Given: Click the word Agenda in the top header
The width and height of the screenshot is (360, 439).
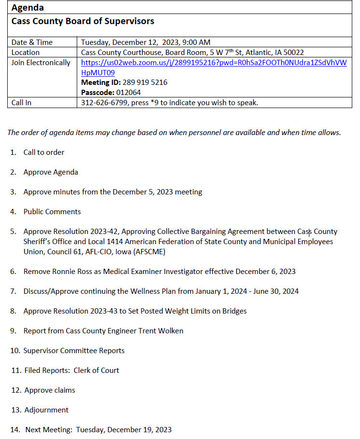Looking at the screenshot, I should [28, 8].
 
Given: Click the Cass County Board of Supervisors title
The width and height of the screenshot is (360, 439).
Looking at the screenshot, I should [83, 21].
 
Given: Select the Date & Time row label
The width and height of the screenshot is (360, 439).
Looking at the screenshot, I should [32, 42].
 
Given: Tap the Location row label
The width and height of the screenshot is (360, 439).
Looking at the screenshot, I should [26, 53].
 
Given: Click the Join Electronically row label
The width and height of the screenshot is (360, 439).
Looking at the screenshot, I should [41, 63].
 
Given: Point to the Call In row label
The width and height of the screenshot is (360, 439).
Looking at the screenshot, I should [21, 102].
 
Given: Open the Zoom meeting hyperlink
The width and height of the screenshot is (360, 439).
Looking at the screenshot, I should [213, 63].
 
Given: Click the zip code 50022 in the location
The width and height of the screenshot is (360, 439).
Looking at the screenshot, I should [293, 53].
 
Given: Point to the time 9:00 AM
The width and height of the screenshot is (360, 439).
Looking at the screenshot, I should [194, 42].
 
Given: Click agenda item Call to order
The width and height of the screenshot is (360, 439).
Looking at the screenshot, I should [44, 152].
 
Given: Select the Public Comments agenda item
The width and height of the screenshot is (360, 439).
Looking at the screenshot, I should [52, 212].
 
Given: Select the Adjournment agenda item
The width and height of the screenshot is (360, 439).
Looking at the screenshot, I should [47, 410].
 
